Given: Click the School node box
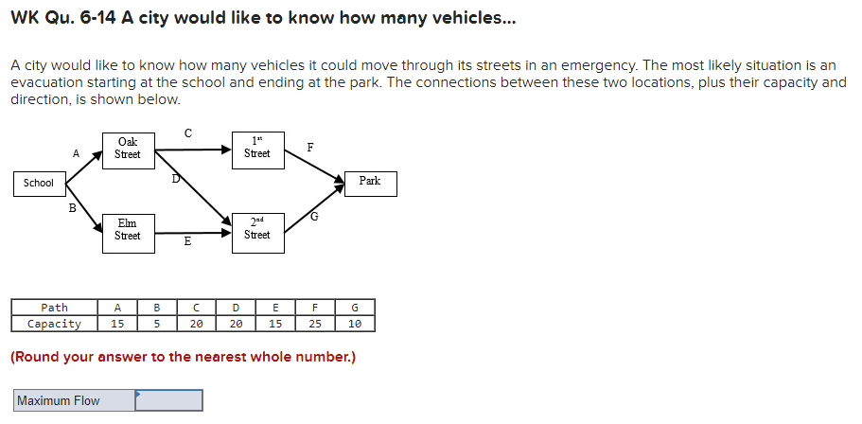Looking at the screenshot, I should click(x=39, y=184).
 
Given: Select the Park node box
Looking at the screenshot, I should click(x=370, y=182).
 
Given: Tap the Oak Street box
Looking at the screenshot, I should click(x=128, y=149).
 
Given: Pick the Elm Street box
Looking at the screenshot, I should click(x=128, y=230).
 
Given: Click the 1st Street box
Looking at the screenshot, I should click(x=257, y=149).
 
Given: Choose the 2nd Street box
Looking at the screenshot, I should click(x=257, y=230).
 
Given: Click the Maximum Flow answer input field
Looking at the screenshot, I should click(x=169, y=400).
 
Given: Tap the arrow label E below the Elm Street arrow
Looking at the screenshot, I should click(x=187, y=242).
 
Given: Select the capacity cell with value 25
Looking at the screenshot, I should click(x=315, y=324).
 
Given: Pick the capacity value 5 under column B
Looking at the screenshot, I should click(x=156, y=324).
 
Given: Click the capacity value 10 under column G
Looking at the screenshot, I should click(x=355, y=324).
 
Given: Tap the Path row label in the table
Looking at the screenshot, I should click(x=55, y=308).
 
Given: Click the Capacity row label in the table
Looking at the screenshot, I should click(x=55, y=324).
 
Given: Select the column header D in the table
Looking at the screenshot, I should click(x=235, y=308).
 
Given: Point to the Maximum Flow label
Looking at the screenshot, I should click(x=59, y=400).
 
